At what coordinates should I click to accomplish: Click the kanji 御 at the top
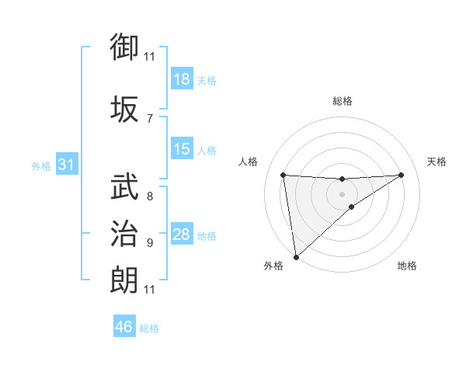coord(125,48)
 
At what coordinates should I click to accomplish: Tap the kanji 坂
coord(125,109)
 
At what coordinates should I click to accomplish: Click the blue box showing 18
coord(181,79)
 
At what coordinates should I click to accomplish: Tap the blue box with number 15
coord(181,149)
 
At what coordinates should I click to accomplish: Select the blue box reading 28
coord(181,235)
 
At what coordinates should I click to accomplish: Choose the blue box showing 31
coord(65,165)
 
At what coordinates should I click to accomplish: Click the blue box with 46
coord(124,327)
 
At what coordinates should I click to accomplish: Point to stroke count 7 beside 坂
coord(149,118)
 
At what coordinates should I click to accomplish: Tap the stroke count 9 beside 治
coord(149,243)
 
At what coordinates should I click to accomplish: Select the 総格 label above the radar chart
coord(342,101)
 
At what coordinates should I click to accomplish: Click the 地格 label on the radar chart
coord(407,266)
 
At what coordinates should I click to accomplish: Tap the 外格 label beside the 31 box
coord(41,165)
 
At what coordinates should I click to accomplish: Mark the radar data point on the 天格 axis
coord(401,175)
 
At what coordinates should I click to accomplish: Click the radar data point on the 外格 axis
coord(295,256)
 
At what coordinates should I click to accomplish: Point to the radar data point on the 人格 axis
coord(283,175)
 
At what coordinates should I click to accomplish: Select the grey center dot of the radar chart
coord(342,193)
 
